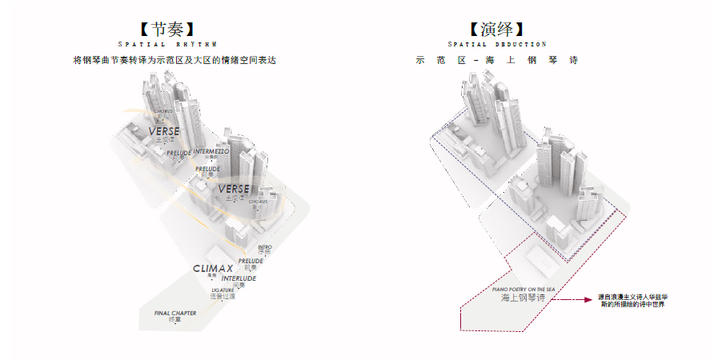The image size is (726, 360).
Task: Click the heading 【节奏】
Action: [167, 30]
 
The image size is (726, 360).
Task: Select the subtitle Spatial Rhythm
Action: [167, 45]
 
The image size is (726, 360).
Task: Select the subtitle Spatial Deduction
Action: [497, 45]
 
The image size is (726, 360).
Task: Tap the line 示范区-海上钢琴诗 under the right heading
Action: [497, 60]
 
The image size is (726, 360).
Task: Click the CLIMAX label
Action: [213, 269]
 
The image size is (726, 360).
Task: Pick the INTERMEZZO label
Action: [211, 151]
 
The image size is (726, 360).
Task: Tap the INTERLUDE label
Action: [239, 278]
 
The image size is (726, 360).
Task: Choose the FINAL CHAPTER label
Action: [175, 313]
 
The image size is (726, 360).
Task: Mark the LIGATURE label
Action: [223, 290]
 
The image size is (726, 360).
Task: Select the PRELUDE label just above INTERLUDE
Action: [251, 261]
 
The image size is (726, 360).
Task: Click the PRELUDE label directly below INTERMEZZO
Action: [208, 169]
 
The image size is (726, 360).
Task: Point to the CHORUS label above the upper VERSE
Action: [163, 111]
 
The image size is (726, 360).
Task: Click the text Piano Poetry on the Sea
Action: [523, 289]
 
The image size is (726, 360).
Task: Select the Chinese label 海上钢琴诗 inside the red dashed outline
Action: [523, 298]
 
